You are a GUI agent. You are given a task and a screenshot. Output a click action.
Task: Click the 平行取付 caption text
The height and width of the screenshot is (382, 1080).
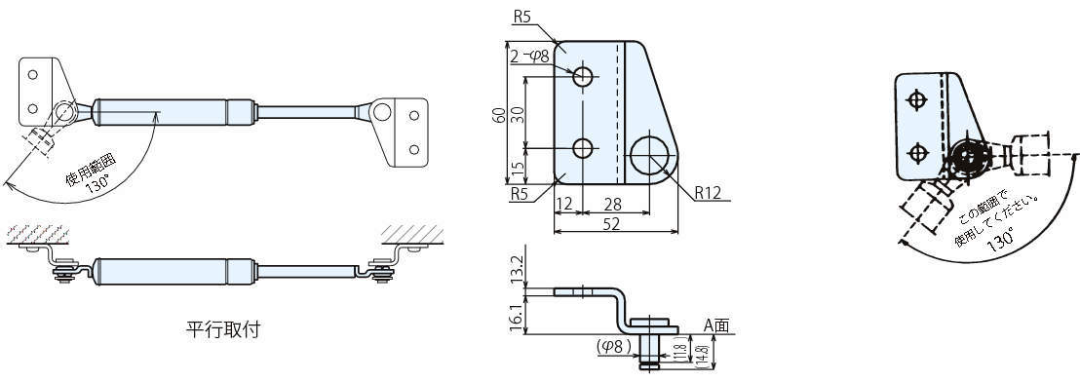point(223,329)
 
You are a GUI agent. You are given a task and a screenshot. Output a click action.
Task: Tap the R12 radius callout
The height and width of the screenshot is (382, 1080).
point(708,193)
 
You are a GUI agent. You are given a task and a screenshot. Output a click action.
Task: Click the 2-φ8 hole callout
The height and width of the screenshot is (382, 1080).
point(530,57)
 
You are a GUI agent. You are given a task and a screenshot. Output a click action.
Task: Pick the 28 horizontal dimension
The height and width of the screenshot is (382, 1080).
point(613,204)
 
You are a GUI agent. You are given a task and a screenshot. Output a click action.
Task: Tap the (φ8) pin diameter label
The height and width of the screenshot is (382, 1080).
point(614,347)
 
